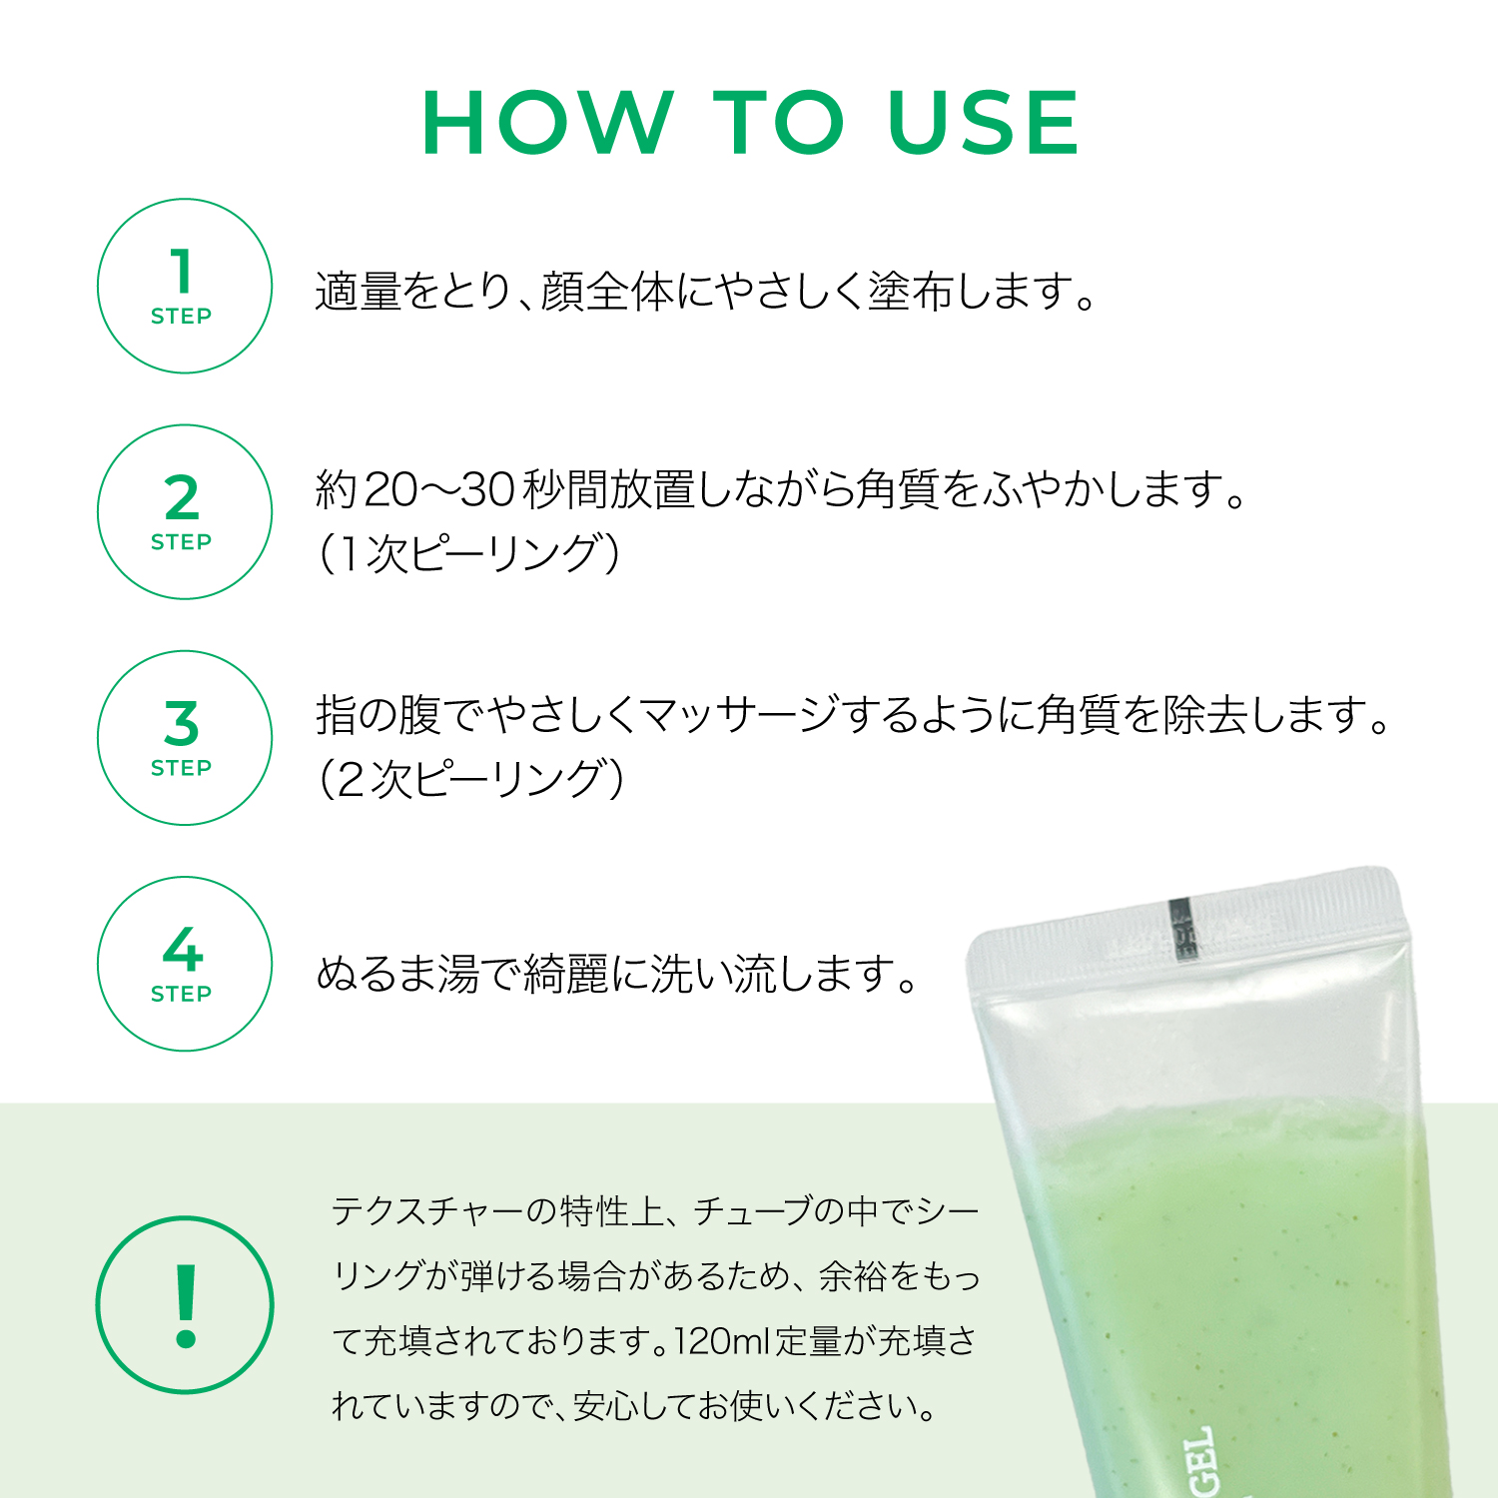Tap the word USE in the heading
click(983, 123)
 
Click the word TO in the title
click(779, 123)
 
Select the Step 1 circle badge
click(185, 287)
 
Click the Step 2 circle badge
click(185, 512)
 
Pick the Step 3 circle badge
click(185, 738)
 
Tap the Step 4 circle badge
click(185, 964)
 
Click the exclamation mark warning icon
click(185, 1305)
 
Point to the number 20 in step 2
click(391, 489)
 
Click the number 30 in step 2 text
click(487, 489)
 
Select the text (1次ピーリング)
click(469, 554)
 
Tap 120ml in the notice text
click(722, 1341)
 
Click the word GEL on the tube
click(1201, 1461)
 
